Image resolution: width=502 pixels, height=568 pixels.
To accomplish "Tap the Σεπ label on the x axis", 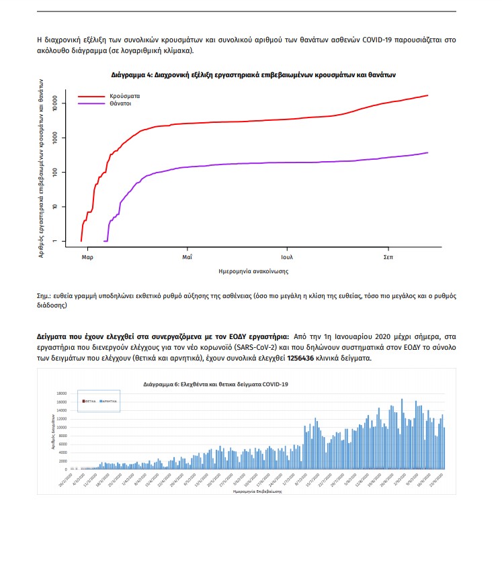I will coord(388,257).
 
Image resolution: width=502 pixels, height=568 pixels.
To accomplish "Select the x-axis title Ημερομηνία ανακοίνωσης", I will coord(254,271).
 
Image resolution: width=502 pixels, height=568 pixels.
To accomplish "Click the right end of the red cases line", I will coord(427,95).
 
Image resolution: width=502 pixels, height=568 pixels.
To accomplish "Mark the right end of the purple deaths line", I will coord(427,152).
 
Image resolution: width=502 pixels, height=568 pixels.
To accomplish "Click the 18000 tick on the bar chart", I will coord(62,393).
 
